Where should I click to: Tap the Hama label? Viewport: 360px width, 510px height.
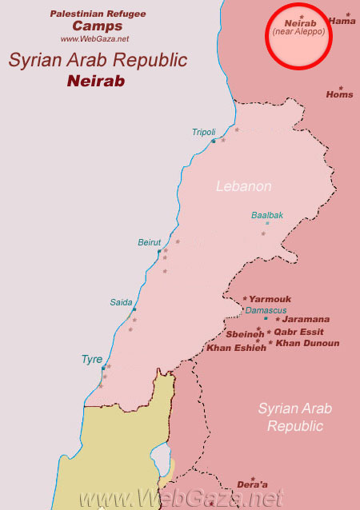(342, 22)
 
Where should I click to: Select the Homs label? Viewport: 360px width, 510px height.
(339, 94)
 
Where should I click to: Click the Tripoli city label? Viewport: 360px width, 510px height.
(203, 132)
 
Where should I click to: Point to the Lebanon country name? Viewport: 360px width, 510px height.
(244, 186)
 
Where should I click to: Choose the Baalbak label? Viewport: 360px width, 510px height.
(267, 215)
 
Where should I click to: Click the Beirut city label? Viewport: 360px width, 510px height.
(150, 242)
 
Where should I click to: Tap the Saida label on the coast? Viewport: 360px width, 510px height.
(121, 302)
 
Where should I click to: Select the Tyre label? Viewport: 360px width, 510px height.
(92, 360)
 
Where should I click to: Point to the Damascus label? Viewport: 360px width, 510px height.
(266, 310)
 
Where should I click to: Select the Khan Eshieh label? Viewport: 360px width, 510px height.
(236, 348)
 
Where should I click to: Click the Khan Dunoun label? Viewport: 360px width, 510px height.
(307, 344)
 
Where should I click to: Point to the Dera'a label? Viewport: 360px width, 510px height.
(253, 484)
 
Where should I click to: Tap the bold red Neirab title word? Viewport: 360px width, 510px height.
(97, 81)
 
